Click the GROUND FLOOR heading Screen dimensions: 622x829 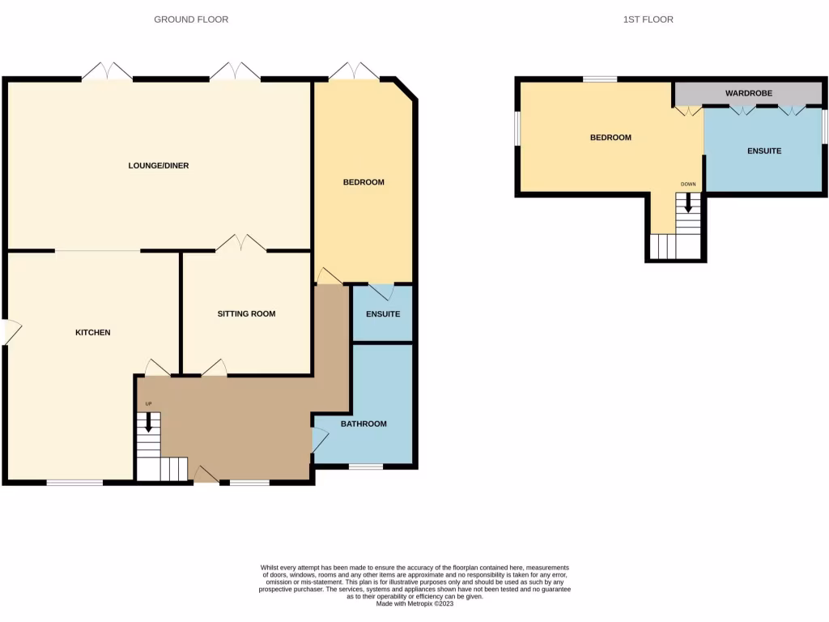(191, 19)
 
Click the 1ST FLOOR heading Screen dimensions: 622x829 (648, 19)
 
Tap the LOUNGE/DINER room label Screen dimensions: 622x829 (159, 166)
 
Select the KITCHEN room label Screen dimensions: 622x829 (92, 333)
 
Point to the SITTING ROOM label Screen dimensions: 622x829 (246, 313)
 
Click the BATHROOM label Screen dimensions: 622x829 (363, 424)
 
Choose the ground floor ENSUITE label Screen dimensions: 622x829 (383, 313)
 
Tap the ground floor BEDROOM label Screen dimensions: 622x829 (363, 182)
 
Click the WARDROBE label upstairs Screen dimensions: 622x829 (748, 93)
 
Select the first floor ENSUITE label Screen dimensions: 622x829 (764, 151)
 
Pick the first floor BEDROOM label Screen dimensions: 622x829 (610, 138)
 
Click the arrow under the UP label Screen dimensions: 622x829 (147, 421)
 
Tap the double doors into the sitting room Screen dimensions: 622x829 (241, 243)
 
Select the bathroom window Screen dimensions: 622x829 (366, 466)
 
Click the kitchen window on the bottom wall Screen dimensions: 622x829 (74, 483)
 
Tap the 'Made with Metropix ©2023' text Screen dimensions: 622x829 (414, 603)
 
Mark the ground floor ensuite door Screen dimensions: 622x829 (382, 291)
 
